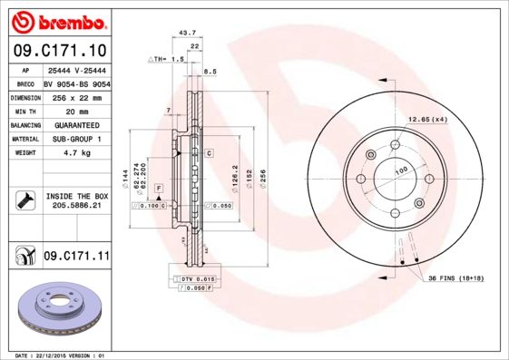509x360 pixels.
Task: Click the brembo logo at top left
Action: (57, 21)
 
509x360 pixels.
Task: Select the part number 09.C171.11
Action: (75, 257)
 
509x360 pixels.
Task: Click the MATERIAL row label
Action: (24, 139)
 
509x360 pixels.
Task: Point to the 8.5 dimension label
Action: (210, 71)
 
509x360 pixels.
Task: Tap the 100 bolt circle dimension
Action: (399, 170)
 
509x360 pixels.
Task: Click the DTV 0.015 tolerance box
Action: (195, 277)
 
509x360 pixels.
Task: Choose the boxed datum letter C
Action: (209, 153)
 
